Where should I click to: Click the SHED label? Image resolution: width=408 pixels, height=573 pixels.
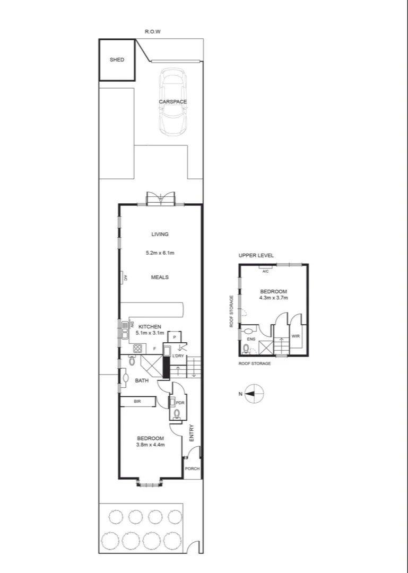tap(117, 60)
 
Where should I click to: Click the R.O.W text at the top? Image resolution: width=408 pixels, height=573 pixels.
tap(152, 32)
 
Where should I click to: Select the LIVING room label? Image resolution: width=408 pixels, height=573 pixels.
tap(160, 234)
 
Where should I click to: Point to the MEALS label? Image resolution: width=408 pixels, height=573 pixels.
tap(160, 277)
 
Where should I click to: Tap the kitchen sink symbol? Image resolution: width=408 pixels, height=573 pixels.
tap(125, 329)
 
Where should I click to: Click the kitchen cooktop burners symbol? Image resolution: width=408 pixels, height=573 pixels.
tap(138, 349)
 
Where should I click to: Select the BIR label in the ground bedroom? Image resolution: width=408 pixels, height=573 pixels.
tap(137, 402)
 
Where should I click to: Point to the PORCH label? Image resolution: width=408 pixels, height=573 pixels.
tap(192, 468)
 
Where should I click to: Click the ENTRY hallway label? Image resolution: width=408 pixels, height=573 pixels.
tap(192, 432)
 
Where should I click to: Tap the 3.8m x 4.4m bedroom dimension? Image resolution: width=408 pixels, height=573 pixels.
tap(151, 445)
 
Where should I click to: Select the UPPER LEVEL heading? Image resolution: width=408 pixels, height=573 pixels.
tap(256, 256)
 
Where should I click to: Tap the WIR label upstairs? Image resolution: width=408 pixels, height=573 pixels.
tap(296, 336)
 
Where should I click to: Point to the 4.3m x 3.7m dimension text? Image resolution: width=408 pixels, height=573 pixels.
tap(274, 298)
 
